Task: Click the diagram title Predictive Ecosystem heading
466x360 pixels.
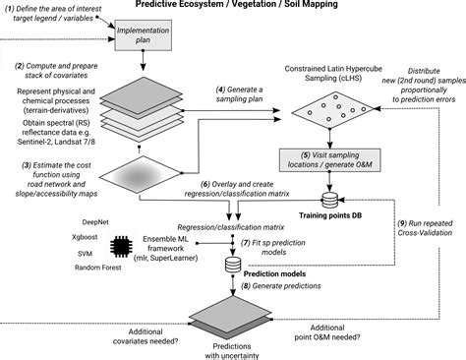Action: click(x=232, y=6)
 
